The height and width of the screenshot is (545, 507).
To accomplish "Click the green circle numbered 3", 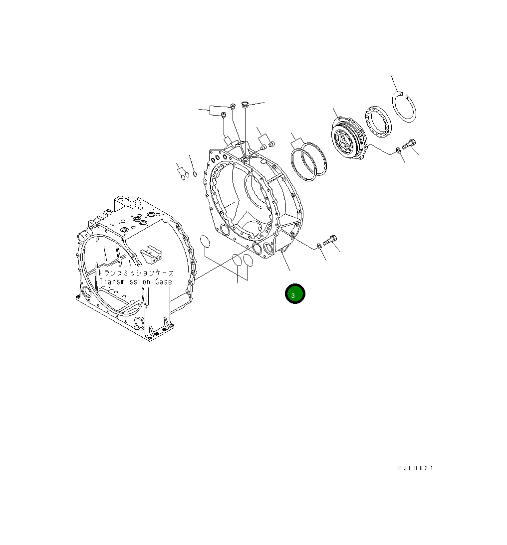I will pos(294,294).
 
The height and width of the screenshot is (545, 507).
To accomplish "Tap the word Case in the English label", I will pos(163,282).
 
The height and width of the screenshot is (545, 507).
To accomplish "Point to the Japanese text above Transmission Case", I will pos(136,273).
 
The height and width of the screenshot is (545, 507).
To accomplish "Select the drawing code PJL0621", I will pos(416,468).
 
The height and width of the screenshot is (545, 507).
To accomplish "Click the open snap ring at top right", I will pos(405,107).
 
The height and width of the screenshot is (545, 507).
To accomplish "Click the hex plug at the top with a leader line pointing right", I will pos(245,105).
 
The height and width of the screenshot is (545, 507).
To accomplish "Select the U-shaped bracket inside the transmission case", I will pos(152,255).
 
